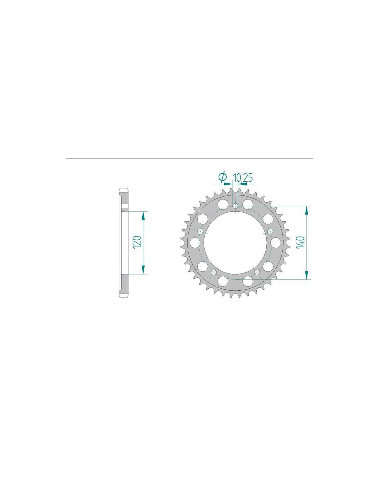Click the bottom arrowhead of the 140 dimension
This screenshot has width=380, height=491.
tap(306, 275)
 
